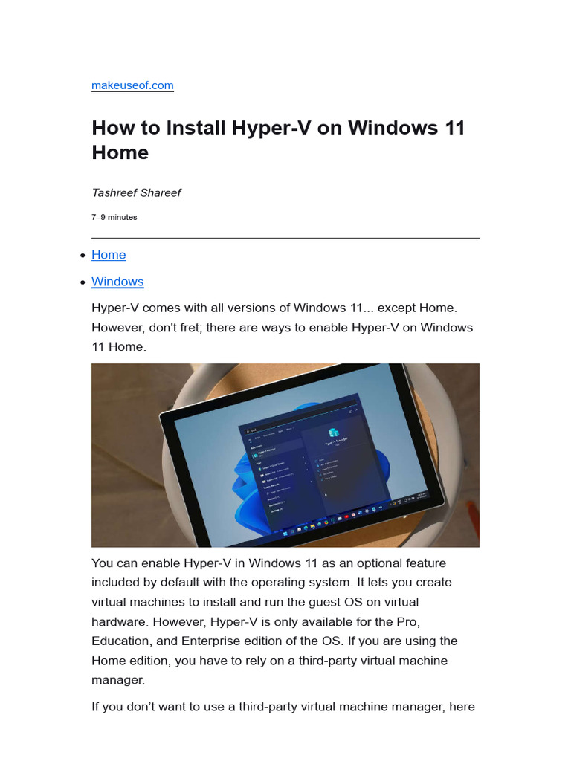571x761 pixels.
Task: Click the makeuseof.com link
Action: (132, 85)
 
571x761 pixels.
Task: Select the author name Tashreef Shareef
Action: (136, 192)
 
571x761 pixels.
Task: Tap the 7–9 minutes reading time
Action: (114, 217)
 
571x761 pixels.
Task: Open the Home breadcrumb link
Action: (109, 255)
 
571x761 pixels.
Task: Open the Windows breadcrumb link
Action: (117, 282)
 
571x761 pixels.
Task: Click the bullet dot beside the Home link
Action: (81, 256)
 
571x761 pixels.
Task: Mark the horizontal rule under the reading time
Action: (285, 238)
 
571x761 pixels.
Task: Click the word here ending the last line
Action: (462, 707)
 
